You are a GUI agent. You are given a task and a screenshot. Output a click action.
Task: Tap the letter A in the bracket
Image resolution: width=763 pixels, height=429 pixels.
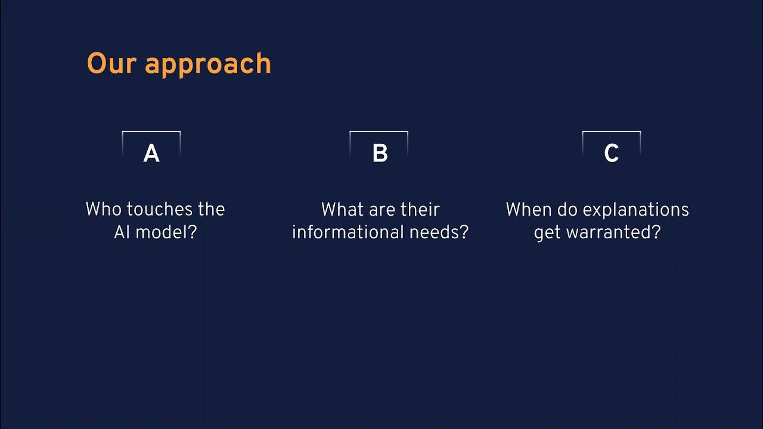[x=151, y=154]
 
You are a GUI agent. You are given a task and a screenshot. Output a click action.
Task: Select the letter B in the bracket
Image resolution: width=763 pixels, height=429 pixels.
[x=380, y=154]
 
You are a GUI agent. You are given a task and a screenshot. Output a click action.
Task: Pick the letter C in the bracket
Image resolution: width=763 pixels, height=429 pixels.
[x=611, y=154]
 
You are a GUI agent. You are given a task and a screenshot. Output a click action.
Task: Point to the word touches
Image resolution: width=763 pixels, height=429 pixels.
[x=160, y=209]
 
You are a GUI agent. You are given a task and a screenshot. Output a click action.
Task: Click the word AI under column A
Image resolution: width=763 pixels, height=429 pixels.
[x=122, y=232]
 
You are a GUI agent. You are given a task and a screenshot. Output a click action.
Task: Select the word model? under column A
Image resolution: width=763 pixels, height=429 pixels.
[x=166, y=232]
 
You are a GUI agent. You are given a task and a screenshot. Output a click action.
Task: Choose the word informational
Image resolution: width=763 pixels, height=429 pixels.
[x=352, y=232]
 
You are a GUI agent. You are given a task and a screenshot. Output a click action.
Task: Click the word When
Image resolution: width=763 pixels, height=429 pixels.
[x=529, y=209]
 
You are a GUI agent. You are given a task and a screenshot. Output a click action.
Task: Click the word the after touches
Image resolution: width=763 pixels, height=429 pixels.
[x=211, y=209]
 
